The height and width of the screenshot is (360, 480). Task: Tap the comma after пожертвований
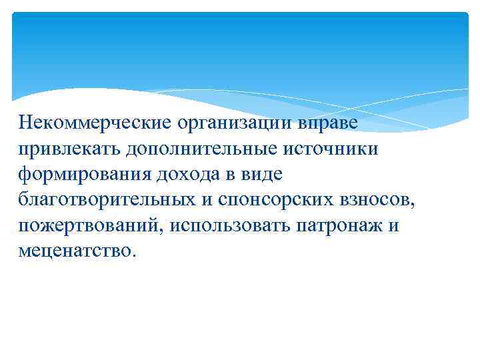tap(165, 229)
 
